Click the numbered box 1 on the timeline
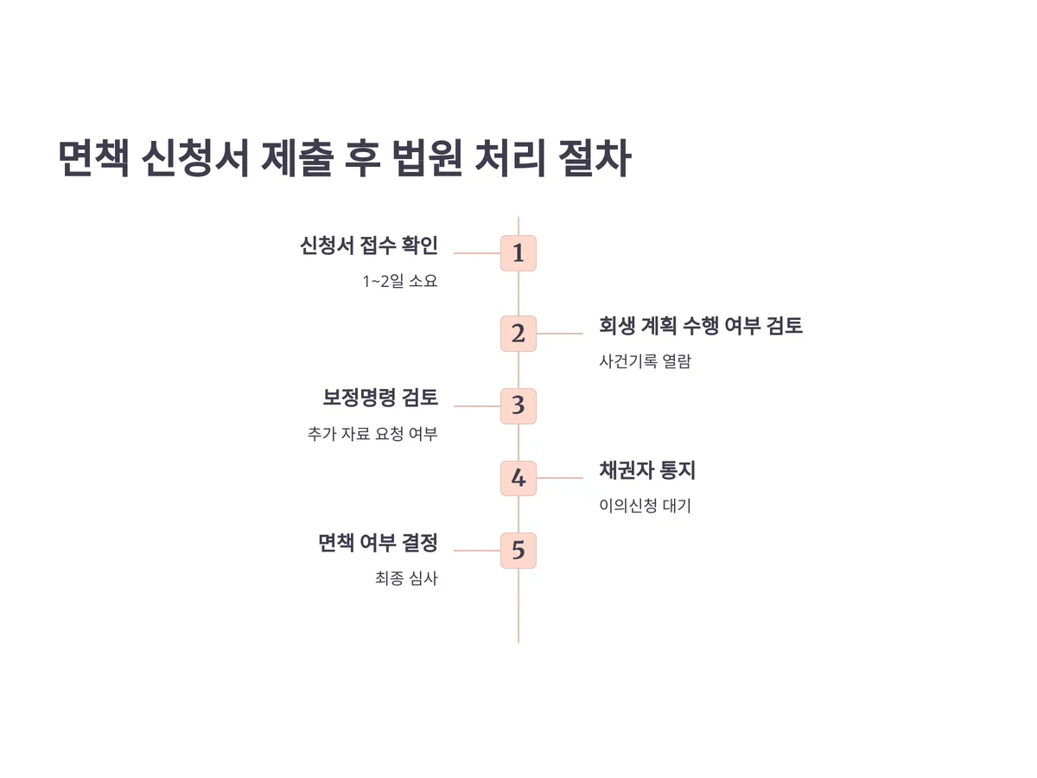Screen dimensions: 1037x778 (x=518, y=253)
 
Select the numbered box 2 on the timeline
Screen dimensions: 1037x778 (x=518, y=334)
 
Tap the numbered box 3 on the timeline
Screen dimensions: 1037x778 (x=518, y=405)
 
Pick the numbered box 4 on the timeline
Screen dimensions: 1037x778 (x=518, y=478)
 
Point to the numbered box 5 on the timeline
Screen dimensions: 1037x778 (x=518, y=550)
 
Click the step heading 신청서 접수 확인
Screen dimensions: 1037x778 (x=369, y=246)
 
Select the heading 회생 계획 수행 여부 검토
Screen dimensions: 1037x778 (x=701, y=326)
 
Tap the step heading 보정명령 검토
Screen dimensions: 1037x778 (x=380, y=398)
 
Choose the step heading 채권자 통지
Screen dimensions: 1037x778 (x=647, y=470)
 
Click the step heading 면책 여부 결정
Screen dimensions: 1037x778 (x=378, y=543)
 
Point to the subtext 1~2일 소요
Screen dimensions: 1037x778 (x=400, y=282)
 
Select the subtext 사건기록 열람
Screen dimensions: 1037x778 (x=645, y=362)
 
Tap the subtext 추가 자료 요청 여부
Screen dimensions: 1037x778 (x=372, y=434)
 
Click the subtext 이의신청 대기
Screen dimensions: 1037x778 (x=645, y=507)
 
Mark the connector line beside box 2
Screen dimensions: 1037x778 (x=560, y=334)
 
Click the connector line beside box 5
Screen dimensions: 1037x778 (x=477, y=550)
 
